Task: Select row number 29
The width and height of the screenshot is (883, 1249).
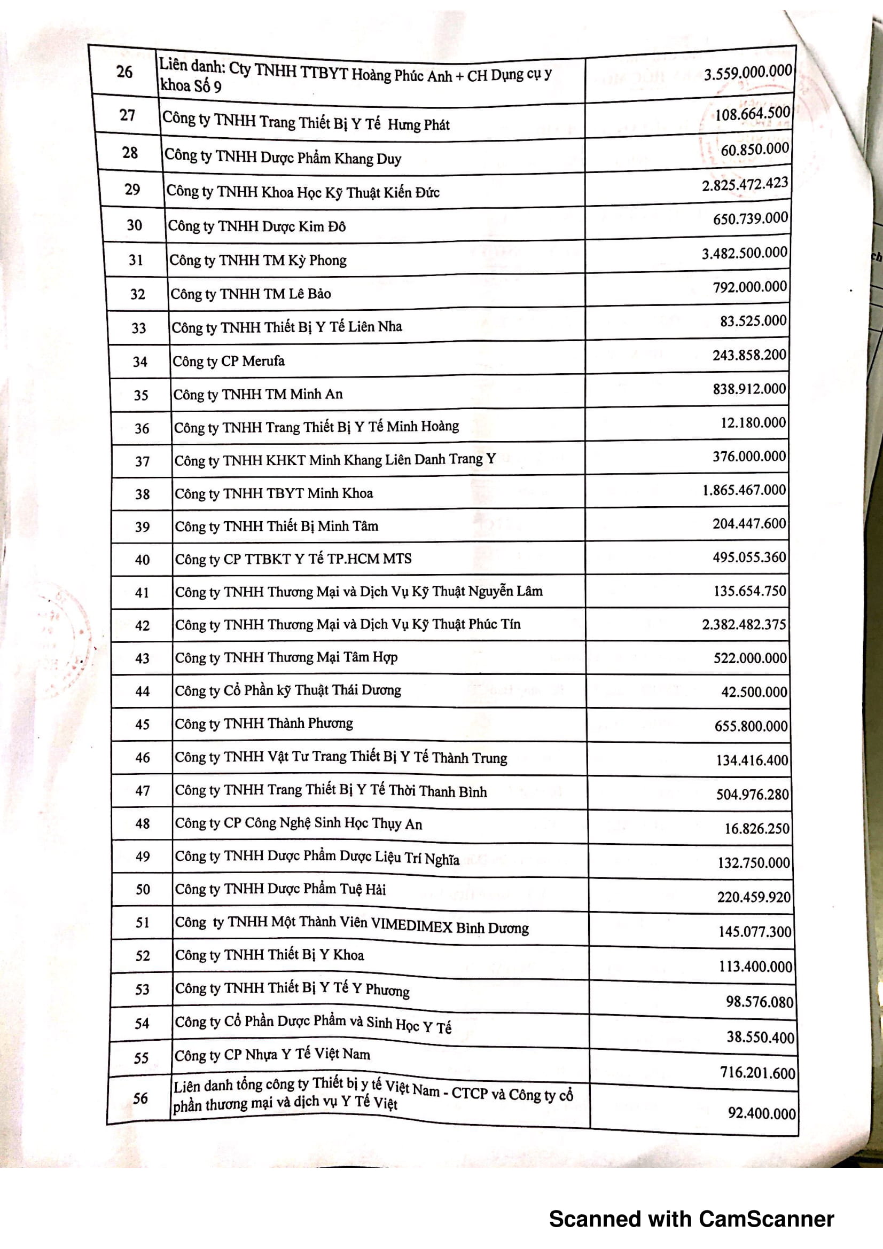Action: (132, 190)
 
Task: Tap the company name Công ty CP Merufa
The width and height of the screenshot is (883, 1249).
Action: (229, 361)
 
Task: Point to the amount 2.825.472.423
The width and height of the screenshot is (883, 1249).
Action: (744, 184)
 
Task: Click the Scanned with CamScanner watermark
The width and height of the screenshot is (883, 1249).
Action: (691, 1219)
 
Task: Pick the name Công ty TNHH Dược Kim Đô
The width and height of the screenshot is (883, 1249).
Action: (257, 226)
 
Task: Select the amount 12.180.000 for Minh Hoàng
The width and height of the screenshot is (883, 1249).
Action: (753, 423)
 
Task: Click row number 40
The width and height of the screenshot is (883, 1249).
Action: (142, 560)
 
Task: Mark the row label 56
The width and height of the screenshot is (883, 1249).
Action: (140, 1098)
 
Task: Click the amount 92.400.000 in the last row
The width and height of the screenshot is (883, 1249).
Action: (762, 1113)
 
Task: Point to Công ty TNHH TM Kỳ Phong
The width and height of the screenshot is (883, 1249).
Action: (258, 260)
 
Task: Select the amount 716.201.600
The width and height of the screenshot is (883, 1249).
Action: (757, 1073)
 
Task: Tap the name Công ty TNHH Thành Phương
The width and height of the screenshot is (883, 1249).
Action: (264, 724)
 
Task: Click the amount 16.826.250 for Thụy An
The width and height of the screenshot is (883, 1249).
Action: (756, 829)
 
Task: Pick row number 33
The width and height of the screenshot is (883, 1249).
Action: (139, 328)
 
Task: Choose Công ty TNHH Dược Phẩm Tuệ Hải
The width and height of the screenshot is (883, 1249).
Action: (280, 890)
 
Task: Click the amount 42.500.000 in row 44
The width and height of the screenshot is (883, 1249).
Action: (754, 692)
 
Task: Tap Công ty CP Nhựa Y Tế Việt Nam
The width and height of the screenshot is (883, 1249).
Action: (272, 1055)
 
